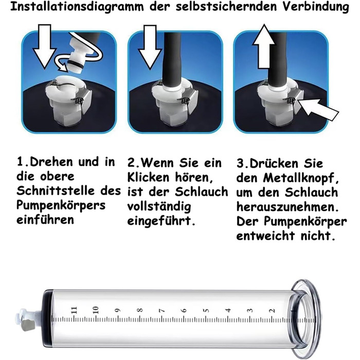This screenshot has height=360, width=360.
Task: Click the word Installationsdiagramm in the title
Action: click(77, 7)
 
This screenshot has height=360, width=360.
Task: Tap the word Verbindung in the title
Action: click(316, 6)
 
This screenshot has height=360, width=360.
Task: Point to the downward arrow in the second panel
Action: click(150, 47)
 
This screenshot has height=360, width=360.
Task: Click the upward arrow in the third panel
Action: click(264, 46)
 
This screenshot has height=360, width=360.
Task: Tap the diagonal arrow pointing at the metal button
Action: click(318, 110)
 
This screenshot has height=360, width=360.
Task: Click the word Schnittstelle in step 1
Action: click(56, 191)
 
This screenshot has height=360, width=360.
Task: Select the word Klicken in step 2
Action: click(148, 177)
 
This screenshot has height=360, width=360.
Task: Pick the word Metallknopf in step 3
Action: click(301, 178)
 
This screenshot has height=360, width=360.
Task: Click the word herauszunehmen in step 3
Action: click(287, 207)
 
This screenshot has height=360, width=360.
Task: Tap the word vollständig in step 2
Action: click(159, 207)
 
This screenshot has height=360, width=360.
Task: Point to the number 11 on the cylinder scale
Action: click(74, 310)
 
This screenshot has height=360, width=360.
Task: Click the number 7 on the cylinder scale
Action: click(162, 311)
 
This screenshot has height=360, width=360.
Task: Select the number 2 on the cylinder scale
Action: click(272, 311)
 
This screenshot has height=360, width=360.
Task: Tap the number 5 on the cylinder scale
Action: click(206, 311)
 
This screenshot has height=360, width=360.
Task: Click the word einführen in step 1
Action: click(45, 220)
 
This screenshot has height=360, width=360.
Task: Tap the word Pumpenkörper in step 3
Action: click(305, 222)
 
